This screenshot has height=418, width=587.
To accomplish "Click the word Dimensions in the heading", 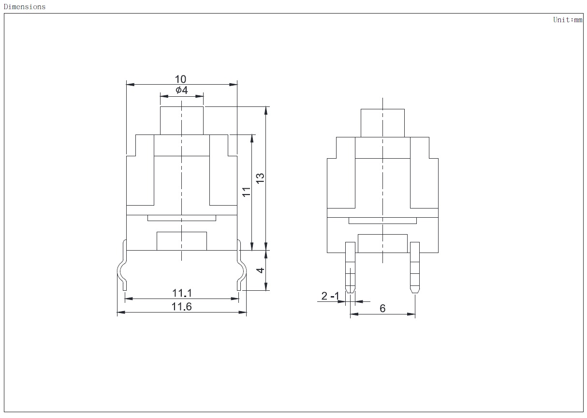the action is pyautogui.click(x=25, y=7).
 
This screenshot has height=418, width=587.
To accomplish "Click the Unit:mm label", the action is pyautogui.click(x=568, y=20).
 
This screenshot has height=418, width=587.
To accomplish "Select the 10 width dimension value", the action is pyautogui.click(x=180, y=79).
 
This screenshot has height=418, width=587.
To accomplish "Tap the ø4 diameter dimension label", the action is pyautogui.click(x=182, y=90).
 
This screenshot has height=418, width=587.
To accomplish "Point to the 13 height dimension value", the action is pyautogui.click(x=260, y=179).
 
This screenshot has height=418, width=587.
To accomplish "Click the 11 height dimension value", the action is pyautogui.click(x=246, y=192).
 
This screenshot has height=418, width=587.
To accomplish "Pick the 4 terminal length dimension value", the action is pyautogui.click(x=260, y=270).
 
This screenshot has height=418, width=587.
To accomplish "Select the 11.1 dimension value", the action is pyautogui.click(x=182, y=293).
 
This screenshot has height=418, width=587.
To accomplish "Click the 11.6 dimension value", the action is pyautogui.click(x=182, y=307).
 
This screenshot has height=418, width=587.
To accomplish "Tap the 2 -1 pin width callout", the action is pyautogui.click(x=330, y=296).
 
